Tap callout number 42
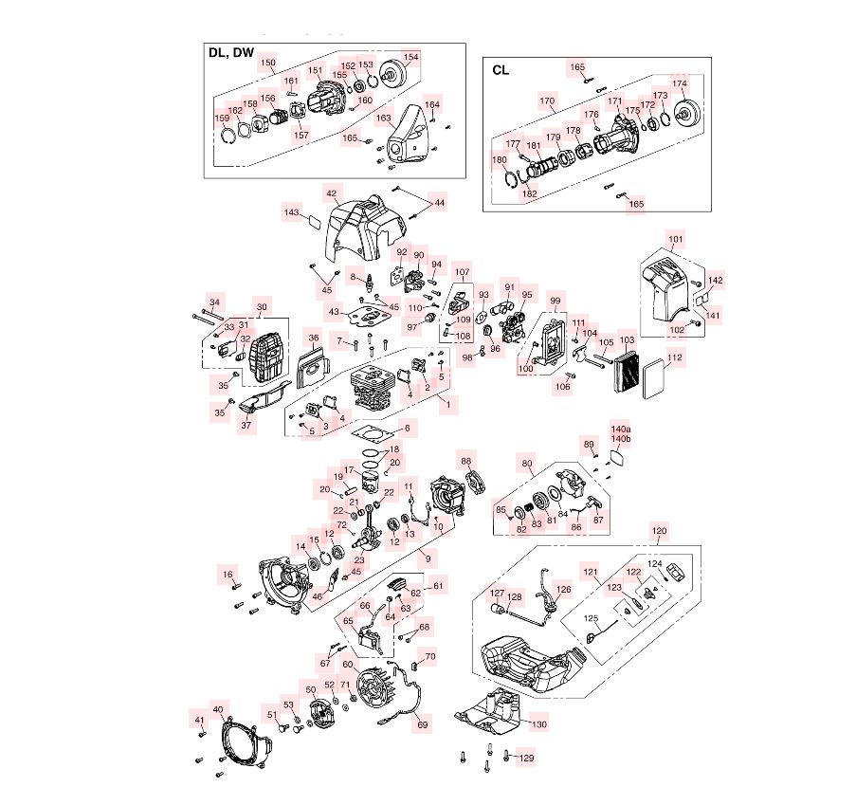coord(331,192)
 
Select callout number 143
coord(292,213)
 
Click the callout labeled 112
coord(675,358)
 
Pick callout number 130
coord(538,725)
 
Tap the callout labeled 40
coord(218,709)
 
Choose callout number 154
coord(410,57)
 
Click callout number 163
coord(384,119)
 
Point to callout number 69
coord(423,725)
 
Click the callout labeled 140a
coord(621,429)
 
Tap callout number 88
coord(466,461)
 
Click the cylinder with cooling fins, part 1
coord(374,388)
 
